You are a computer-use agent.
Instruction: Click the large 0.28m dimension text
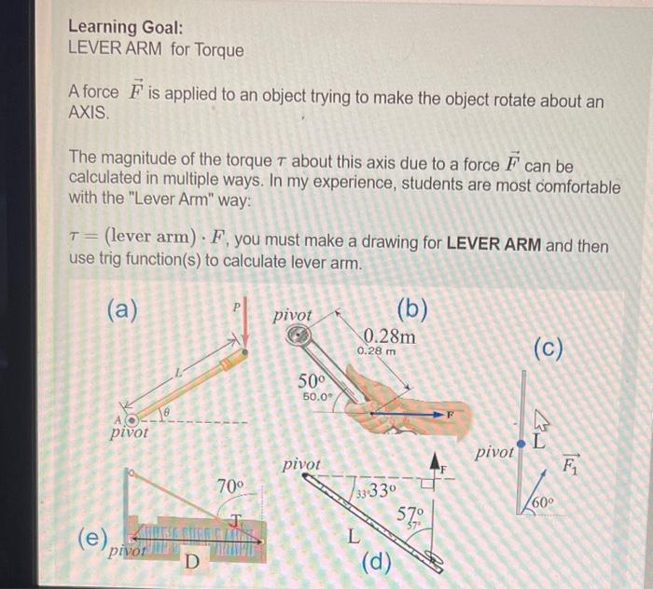click(389, 336)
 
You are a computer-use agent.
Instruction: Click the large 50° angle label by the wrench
click(313, 381)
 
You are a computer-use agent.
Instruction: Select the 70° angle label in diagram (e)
click(229, 486)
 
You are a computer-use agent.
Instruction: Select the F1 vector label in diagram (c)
click(569, 460)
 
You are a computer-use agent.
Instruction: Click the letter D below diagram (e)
click(192, 562)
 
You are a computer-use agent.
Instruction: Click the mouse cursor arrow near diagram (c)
click(538, 421)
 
